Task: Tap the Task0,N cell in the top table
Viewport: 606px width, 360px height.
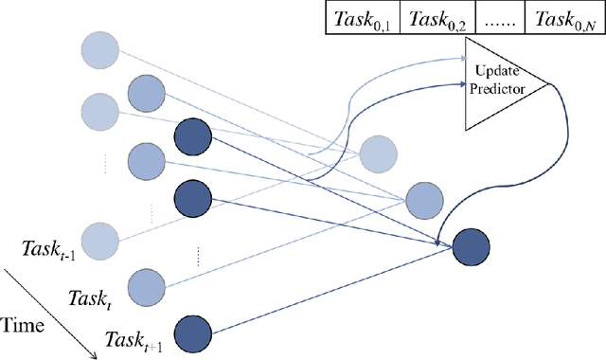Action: pyautogui.click(x=565, y=18)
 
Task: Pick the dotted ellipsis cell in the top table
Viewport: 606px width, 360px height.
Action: pyautogui.click(x=499, y=18)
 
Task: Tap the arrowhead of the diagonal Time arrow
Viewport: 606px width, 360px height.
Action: pyautogui.click(x=94, y=355)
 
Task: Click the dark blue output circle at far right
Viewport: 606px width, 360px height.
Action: pyautogui.click(x=471, y=248)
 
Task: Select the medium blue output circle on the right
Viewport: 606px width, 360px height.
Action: pyautogui.click(x=423, y=200)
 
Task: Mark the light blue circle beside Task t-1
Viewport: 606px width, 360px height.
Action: pyautogui.click(x=99, y=238)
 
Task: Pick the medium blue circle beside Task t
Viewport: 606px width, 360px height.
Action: pyautogui.click(x=146, y=284)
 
